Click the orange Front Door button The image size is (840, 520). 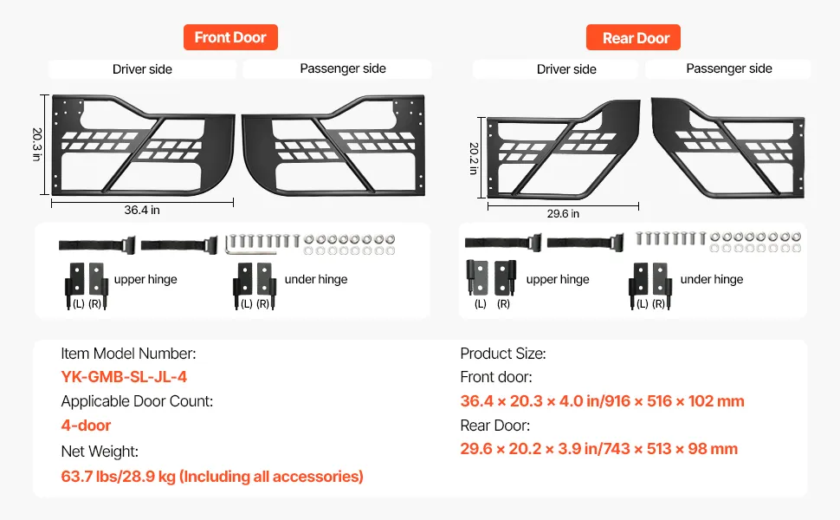click(230, 37)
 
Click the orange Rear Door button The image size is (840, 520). click(636, 38)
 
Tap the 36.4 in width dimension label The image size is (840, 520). click(143, 210)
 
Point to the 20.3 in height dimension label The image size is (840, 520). click(37, 146)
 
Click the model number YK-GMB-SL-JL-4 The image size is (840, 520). click(124, 377)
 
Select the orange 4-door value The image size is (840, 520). click(86, 426)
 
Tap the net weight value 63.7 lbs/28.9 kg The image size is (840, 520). click(212, 476)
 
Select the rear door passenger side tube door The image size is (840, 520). click(727, 146)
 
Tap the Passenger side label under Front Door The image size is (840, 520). click(343, 68)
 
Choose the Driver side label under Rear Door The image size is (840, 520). click(566, 69)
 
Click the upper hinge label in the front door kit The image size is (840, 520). click(145, 279)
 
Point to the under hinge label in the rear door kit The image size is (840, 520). click(711, 279)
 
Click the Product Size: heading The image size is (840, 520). click(502, 354)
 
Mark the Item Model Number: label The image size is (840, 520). click(128, 354)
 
